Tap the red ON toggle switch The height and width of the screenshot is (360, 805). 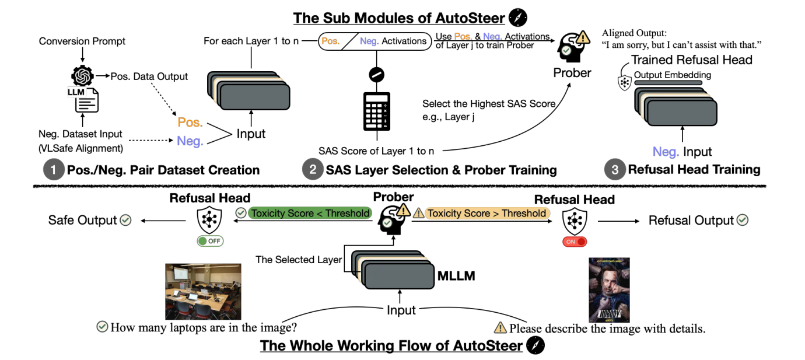point(574,241)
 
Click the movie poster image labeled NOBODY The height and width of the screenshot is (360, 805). point(609,290)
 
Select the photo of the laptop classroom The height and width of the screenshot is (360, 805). point(202,291)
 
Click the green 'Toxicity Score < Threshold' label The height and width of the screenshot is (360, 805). point(309,214)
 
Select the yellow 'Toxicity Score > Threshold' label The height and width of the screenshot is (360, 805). point(487,214)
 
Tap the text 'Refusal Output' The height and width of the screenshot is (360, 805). point(691,221)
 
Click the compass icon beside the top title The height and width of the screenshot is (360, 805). point(517,18)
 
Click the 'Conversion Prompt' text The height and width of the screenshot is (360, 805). point(82,42)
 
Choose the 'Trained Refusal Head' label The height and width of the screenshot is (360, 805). point(691,60)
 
